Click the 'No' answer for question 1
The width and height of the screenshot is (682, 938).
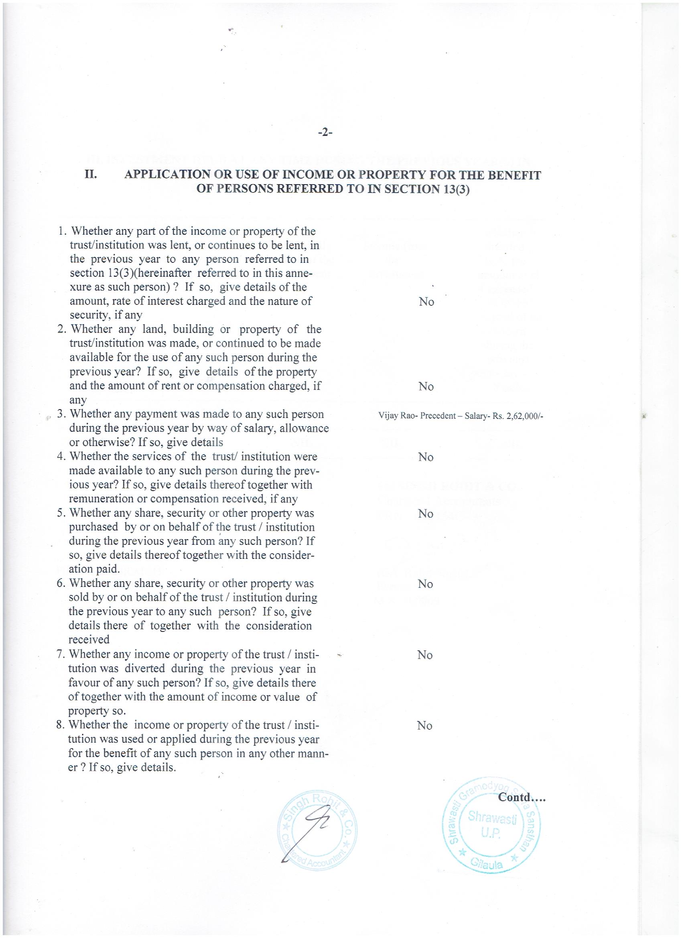tap(426, 302)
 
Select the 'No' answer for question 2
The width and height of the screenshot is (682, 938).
tap(426, 387)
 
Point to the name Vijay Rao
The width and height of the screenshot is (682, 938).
tap(398, 416)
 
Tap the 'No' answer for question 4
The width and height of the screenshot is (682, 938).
tap(426, 457)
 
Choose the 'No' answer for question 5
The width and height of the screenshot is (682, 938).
tap(426, 514)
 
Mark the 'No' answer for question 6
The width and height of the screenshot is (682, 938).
tap(425, 584)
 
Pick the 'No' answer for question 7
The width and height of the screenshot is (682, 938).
tap(425, 655)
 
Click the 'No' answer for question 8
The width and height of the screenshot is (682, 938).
tap(425, 726)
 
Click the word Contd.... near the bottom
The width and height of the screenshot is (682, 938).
tap(522, 798)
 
